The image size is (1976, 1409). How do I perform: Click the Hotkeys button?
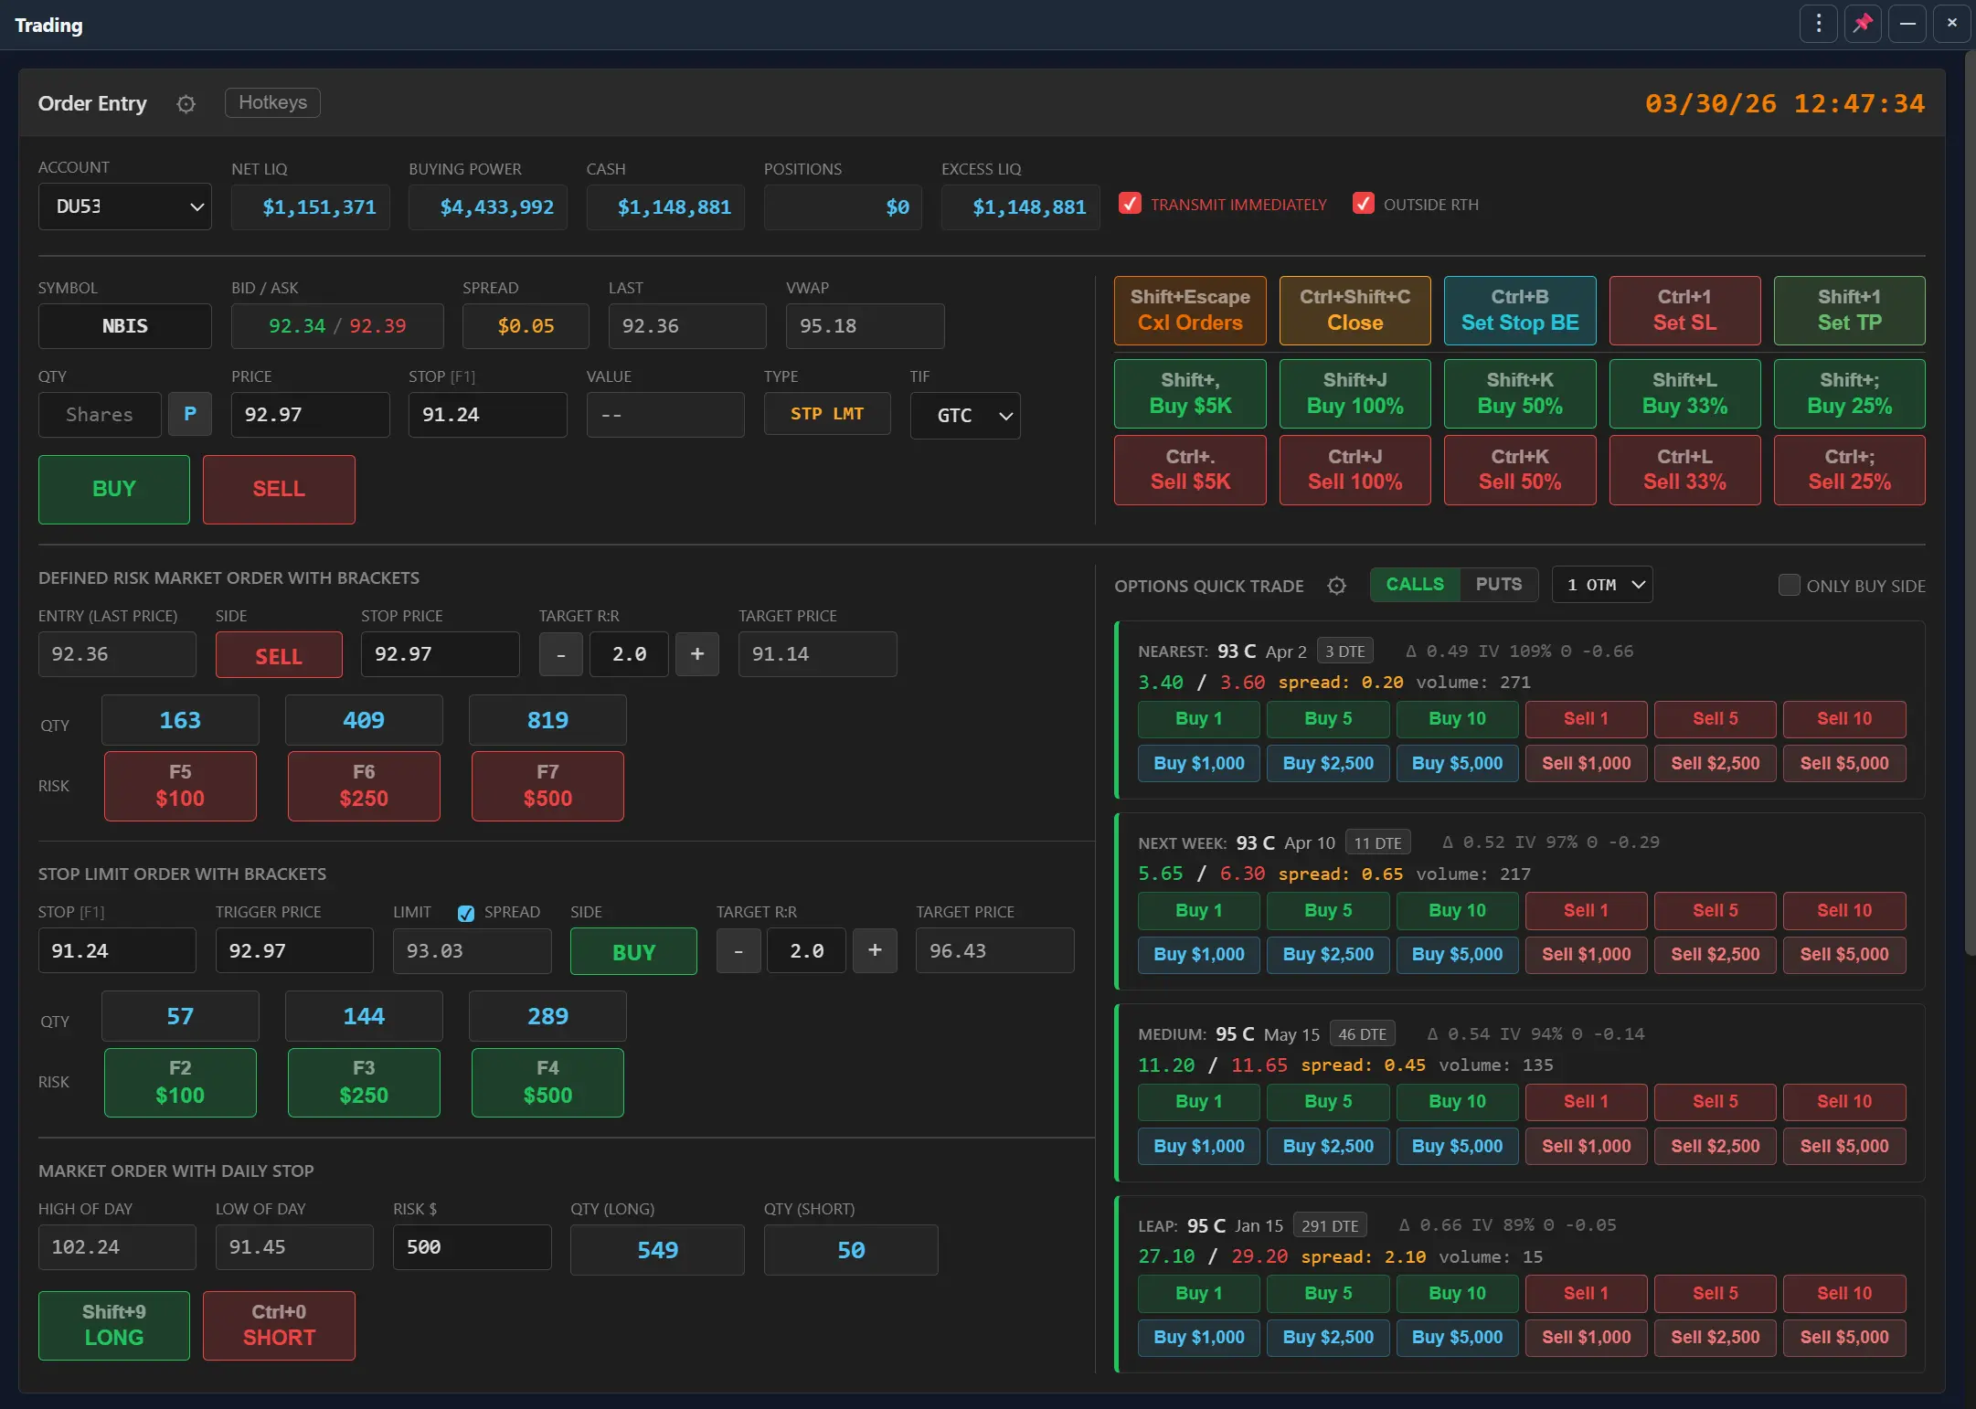(272, 102)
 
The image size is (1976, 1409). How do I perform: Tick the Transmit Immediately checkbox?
(1131, 204)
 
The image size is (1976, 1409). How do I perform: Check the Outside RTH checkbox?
(1363, 204)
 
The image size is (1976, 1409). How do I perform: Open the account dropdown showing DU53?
(125, 207)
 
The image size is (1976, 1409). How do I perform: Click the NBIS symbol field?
(125, 326)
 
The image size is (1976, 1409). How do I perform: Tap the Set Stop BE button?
(1519, 311)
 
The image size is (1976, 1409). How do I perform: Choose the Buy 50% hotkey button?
(1519, 394)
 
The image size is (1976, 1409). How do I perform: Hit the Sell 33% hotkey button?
(1684, 470)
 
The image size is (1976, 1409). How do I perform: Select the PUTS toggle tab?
(1498, 585)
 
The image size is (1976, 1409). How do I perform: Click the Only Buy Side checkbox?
(1789, 585)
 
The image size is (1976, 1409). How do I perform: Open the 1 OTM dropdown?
(1602, 585)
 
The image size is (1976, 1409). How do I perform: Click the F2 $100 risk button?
(180, 1083)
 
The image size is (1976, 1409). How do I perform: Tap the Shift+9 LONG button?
(114, 1325)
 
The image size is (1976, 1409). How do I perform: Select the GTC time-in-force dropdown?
(965, 416)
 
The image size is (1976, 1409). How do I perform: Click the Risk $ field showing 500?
(472, 1247)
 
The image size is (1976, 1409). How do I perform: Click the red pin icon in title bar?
(1863, 24)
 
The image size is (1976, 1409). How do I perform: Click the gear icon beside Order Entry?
(186, 104)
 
